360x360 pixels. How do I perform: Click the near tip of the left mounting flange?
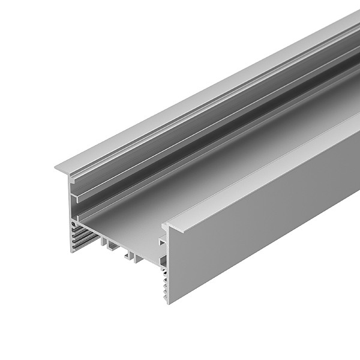[56, 166]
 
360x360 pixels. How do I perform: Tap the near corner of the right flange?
[164, 227]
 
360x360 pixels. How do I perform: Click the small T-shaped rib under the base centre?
[128, 256]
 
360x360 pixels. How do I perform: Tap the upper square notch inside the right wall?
[162, 239]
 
